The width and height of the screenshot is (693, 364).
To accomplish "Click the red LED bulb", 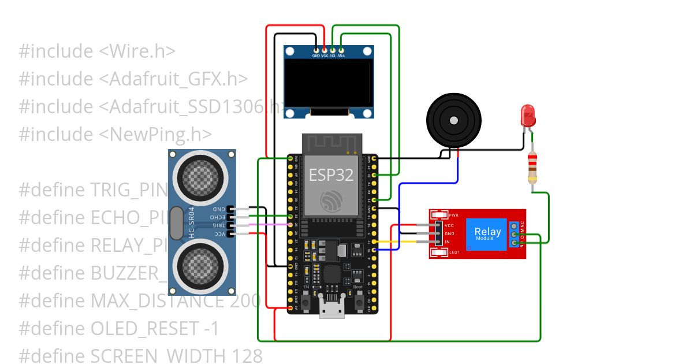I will coord(527,116).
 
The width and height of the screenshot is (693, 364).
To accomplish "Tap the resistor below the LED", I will coord(533,168).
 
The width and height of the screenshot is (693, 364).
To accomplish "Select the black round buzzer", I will coord(453,120).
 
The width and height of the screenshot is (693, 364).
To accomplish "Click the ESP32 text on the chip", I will coord(331,175).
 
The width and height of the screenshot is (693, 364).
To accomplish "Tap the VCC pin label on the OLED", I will coord(325,56).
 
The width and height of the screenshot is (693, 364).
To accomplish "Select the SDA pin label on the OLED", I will coord(341,56).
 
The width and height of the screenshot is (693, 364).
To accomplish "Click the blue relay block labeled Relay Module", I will coord(486,234).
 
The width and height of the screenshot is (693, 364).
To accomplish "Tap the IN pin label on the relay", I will coord(447,242).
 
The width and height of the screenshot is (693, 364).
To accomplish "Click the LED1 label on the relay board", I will coord(454,252).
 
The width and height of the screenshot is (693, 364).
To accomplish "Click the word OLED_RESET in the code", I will coord(145,329).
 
